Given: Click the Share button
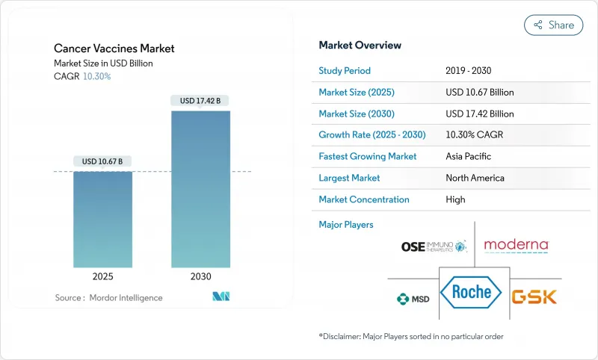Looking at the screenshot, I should (x=553, y=25).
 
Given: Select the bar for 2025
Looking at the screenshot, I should (x=102, y=220).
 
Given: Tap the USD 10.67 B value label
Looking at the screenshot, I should (x=102, y=161).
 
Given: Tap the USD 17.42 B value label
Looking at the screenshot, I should (x=200, y=100).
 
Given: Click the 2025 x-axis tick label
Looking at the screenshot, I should (x=102, y=276).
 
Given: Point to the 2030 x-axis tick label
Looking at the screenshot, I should (x=200, y=276).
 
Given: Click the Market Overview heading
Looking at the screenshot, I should (x=360, y=46).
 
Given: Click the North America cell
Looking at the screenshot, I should (x=475, y=178).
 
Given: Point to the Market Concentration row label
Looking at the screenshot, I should (x=364, y=199).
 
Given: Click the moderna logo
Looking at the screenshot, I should (x=516, y=245).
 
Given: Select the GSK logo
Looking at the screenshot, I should (x=534, y=297).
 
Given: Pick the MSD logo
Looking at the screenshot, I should (x=412, y=299).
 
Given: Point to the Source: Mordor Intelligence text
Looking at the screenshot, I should (x=108, y=298).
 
